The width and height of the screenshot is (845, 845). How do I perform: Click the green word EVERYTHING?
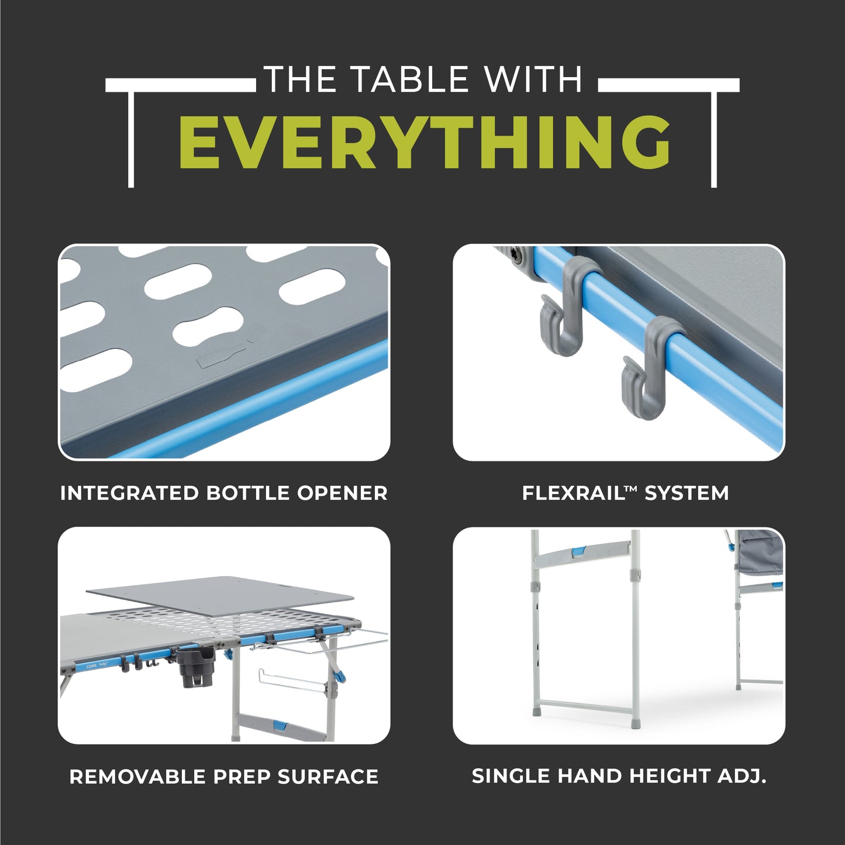(425, 142)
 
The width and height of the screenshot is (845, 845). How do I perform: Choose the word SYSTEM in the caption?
(687, 493)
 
